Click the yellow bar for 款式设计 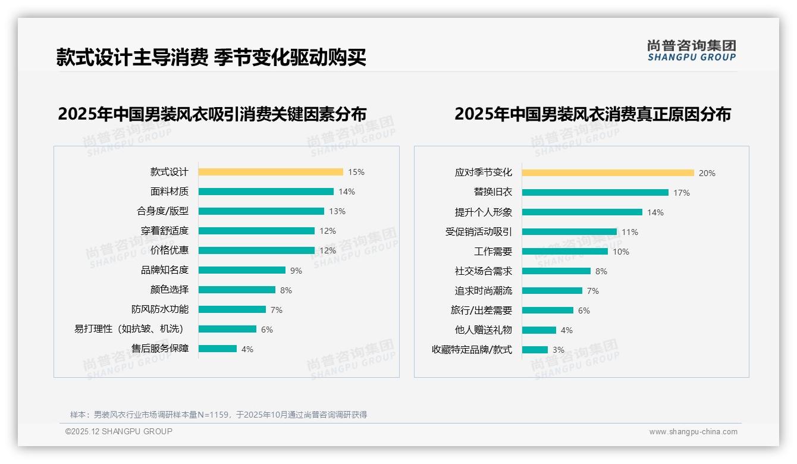click(x=271, y=172)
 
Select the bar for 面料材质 click(x=266, y=192)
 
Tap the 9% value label click(x=296, y=271)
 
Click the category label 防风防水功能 click(x=160, y=309)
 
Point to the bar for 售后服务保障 click(x=218, y=349)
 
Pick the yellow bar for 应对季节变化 click(x=608, y=173)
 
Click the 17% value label click(x=682, y=193)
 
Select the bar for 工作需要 click(x=565, y=252)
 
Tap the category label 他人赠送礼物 click(x=483, y=330)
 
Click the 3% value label click(x=558, y=350)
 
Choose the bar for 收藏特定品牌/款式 click(x=535, y=350)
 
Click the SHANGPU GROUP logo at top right click(x=691, y=51)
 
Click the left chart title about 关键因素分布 click(x=212, y=114)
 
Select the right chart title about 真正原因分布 click(x=592, y=114)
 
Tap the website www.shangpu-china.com click(x=693, y=432)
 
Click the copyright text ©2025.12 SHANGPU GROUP click(x=119, y=431)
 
